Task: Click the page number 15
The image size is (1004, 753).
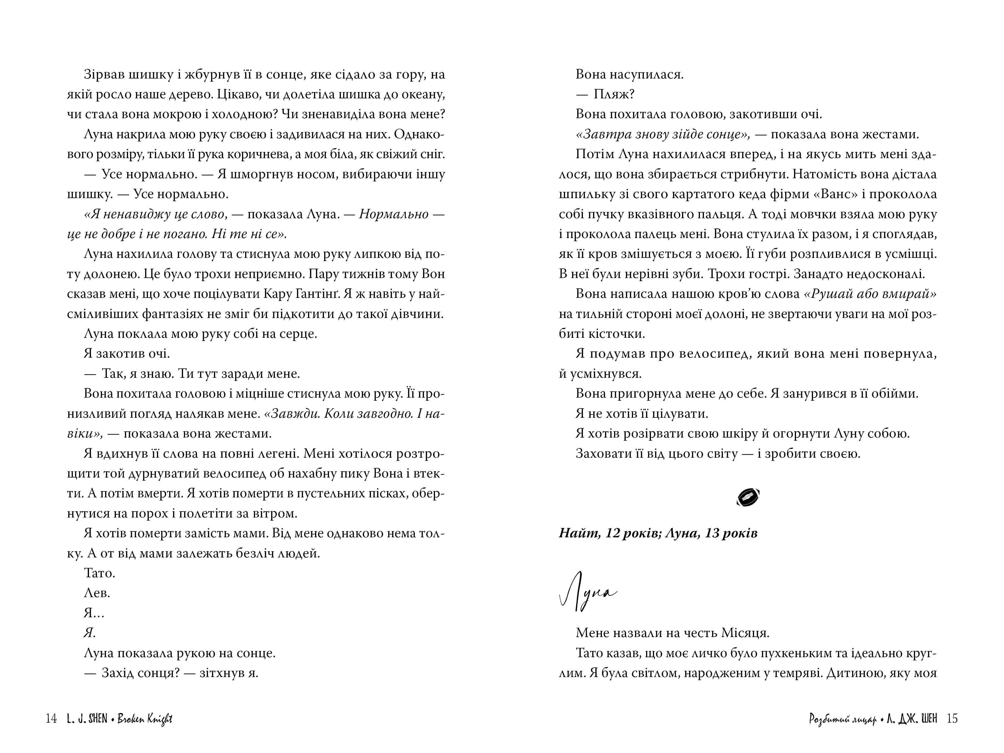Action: (952, 718)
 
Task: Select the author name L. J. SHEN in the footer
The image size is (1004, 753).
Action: (87, 718)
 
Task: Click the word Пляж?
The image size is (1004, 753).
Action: (614, 94)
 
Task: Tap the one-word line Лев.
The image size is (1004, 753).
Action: (97, 593)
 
